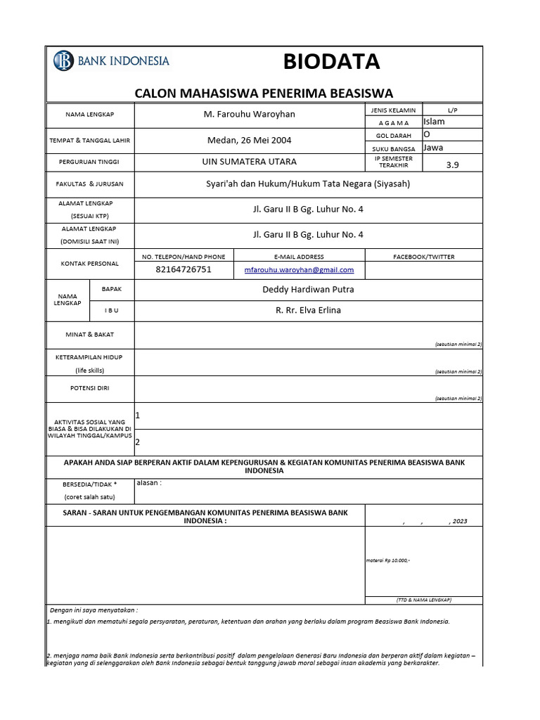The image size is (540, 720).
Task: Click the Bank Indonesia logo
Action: click(x=111, y=61)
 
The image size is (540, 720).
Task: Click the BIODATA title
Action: click(x=331, y=63)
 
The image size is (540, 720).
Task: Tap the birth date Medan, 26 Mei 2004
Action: click(x=248, y=140)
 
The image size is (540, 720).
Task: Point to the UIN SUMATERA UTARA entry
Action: click(x=248, y=162)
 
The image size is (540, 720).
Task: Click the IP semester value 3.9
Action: click(x=452, y=165)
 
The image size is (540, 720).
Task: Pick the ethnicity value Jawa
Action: click(x=433, y=148)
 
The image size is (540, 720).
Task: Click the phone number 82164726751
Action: click(x=183, y=269)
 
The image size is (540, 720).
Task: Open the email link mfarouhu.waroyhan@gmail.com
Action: click(x=299, y=270)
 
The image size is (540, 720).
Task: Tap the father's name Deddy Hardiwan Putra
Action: click(x=308, y=290)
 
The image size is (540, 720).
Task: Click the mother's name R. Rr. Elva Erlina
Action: click(x=308, y=310)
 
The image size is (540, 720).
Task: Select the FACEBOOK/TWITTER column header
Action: click(x=423, y=257)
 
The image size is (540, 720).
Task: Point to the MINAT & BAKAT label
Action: click(x=90, y=335)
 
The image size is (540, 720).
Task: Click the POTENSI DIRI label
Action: click(x=90, y=387)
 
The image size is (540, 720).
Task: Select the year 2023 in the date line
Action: click(x=459, y=522)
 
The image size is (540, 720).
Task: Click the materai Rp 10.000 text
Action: click(x=388, y=560)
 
